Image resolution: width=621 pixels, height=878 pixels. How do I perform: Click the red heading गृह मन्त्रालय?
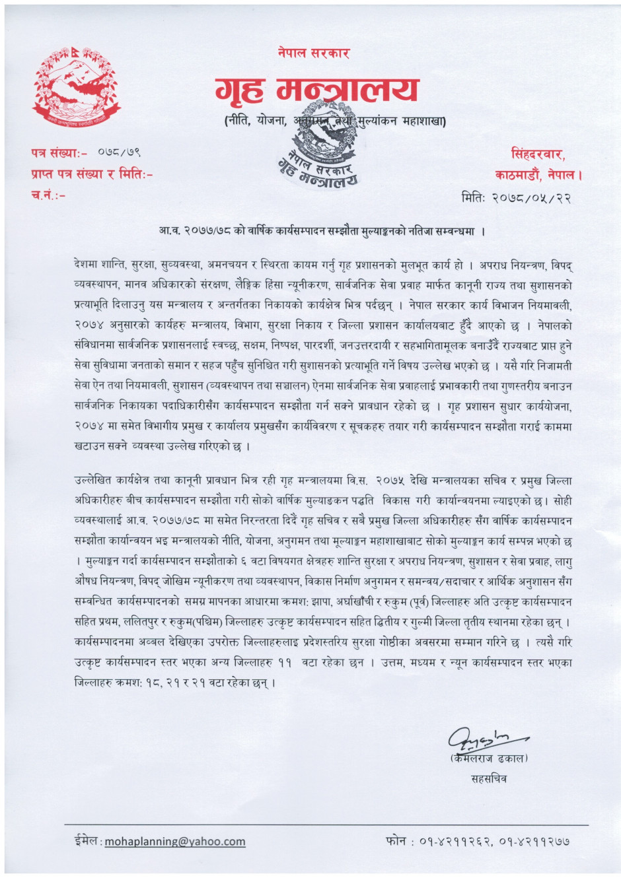(316, 90)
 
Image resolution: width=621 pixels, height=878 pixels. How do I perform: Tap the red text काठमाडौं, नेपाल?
(538, 175)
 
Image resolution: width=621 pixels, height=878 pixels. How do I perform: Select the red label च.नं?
(48, 194)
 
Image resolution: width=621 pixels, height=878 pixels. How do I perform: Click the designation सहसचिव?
(488, 778)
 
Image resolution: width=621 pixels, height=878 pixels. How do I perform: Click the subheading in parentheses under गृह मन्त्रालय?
(334, 121)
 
